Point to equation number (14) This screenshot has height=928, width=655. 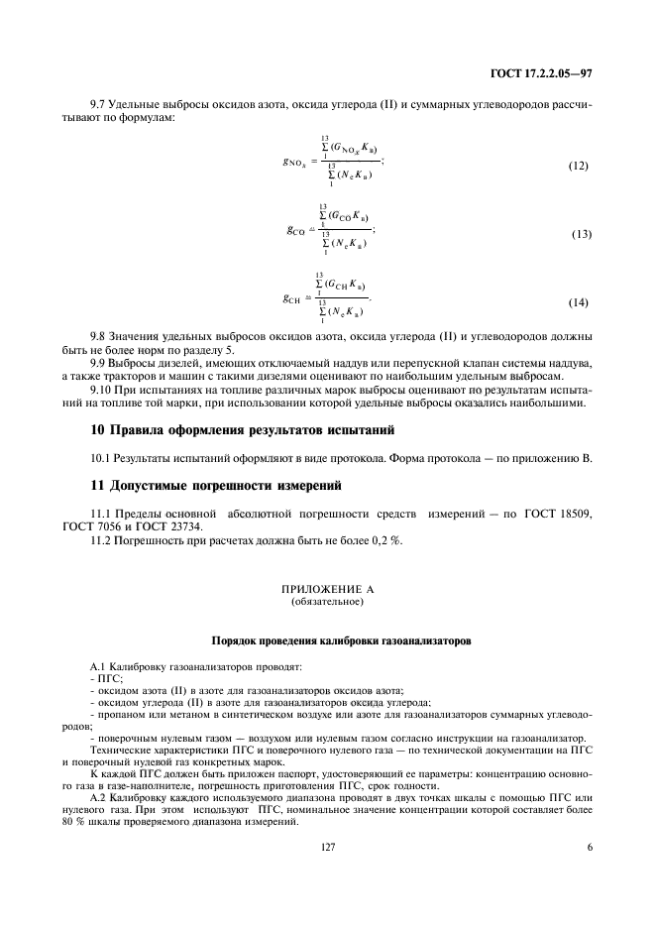[578, 300]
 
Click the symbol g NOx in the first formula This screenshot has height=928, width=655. [295, 161]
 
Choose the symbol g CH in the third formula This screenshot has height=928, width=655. [294, 295]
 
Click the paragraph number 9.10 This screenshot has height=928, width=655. [101, 392]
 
